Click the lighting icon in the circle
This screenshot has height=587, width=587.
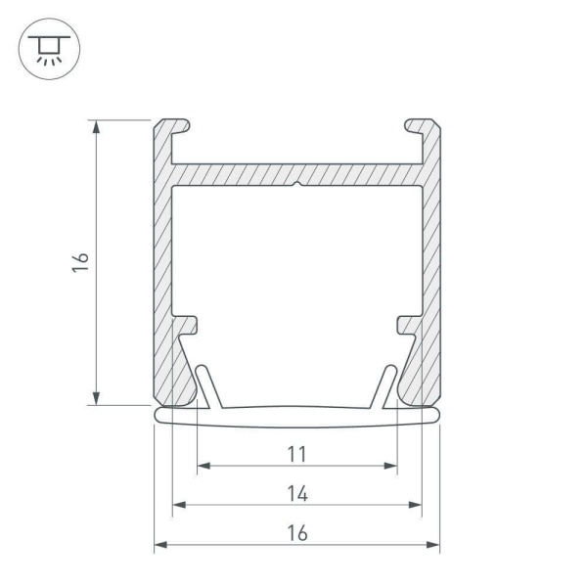(49, 49)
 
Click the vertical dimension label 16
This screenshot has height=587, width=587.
(80, 262)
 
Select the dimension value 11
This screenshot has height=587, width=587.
(296, 454)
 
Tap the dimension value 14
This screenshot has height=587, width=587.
(297, 493)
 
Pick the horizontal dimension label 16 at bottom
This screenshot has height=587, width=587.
(297, 533)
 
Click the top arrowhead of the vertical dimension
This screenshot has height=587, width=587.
(96, 126)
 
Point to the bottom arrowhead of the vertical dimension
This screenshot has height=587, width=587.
(96, 398)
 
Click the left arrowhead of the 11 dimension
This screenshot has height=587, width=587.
(203, 466)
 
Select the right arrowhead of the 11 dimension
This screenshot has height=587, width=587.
(390, 466)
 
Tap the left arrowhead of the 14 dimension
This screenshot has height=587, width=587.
(179, 505)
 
